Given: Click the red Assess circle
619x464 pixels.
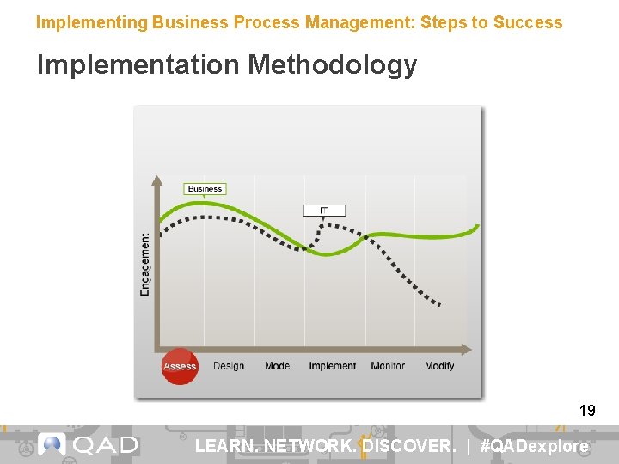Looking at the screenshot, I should [180, 366].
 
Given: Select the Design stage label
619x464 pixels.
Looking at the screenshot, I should [229, 366].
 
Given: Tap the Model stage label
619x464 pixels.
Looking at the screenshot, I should [278, 366].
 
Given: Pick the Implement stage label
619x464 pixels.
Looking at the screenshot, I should [332, 366].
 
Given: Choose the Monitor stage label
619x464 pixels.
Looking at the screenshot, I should [388, 366].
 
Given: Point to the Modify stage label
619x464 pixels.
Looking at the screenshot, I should [439, 366].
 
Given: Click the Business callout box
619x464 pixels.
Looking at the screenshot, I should [205, 189].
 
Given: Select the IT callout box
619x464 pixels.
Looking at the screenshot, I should [324, 211].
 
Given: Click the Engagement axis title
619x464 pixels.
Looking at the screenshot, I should [144, 265].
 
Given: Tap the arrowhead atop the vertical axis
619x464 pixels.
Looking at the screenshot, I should [156, 180].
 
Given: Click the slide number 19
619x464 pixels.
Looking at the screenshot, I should [587, 411].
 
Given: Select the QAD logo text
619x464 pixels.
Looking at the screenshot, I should [105, 445].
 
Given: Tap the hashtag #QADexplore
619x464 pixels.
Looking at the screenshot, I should [534, 446].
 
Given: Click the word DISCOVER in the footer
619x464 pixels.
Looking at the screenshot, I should [408, 446].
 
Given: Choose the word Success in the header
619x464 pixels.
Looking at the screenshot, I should [527, 22].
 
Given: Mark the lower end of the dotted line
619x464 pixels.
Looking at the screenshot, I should [439, 304].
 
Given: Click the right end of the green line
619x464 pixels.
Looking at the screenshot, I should [477, 227].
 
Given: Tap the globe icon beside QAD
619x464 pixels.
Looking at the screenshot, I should [52, 444].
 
